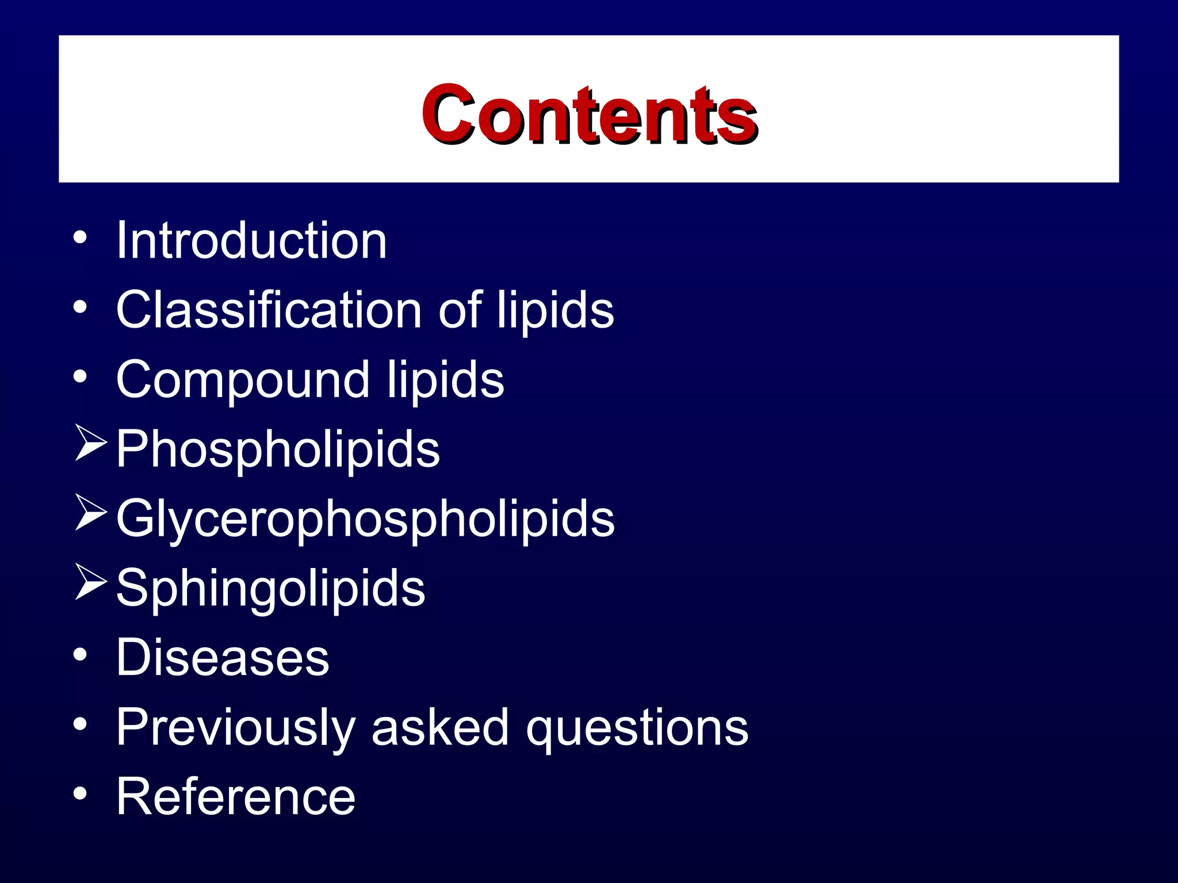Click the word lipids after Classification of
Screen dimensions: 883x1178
click(x=555, y=311)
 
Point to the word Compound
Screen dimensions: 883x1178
click(x=242, y=380)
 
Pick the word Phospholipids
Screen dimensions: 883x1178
click(x=278, y=450)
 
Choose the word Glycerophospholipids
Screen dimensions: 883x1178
click(x=365, y=519)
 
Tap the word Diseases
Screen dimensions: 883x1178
click(x=223, y=657)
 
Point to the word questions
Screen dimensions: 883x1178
click(x=637, y=728)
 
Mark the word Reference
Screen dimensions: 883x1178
click(x=236, y=796)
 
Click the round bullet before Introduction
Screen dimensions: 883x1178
click(x=80, y=237)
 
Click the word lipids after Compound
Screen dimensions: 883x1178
click(x=445, y=381)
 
